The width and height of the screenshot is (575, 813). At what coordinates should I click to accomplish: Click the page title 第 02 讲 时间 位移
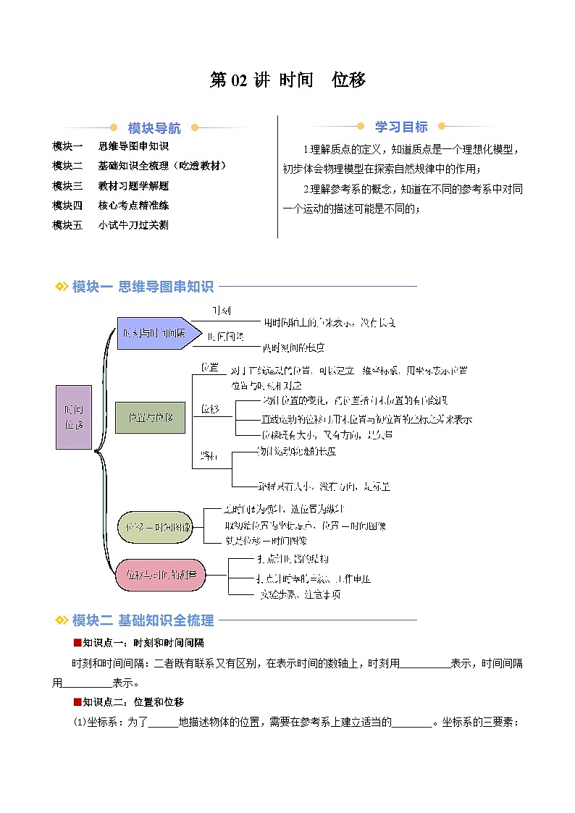[287, 80]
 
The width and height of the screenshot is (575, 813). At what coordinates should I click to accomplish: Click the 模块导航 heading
[154, 129]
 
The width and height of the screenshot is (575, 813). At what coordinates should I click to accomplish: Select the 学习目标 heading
[400, 127]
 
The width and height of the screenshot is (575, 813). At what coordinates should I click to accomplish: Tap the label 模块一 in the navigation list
[68, 146]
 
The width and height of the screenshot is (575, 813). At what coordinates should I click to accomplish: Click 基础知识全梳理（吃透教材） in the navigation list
[162, 166]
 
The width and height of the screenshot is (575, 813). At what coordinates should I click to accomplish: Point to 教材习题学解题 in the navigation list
[133, 185]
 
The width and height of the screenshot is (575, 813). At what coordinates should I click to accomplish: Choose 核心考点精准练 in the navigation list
[133, 205]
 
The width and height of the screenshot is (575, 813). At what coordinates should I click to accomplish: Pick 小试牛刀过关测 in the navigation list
[133, 224]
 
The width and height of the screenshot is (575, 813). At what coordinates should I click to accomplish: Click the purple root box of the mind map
[74, 417]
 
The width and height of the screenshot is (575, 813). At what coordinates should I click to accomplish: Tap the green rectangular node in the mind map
[150, 418]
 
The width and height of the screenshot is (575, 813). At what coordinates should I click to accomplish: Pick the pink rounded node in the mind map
[161, 574]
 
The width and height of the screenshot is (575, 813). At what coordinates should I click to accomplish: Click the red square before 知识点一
[77, 642]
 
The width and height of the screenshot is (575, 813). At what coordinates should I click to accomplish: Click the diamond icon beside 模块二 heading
[62, 620]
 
